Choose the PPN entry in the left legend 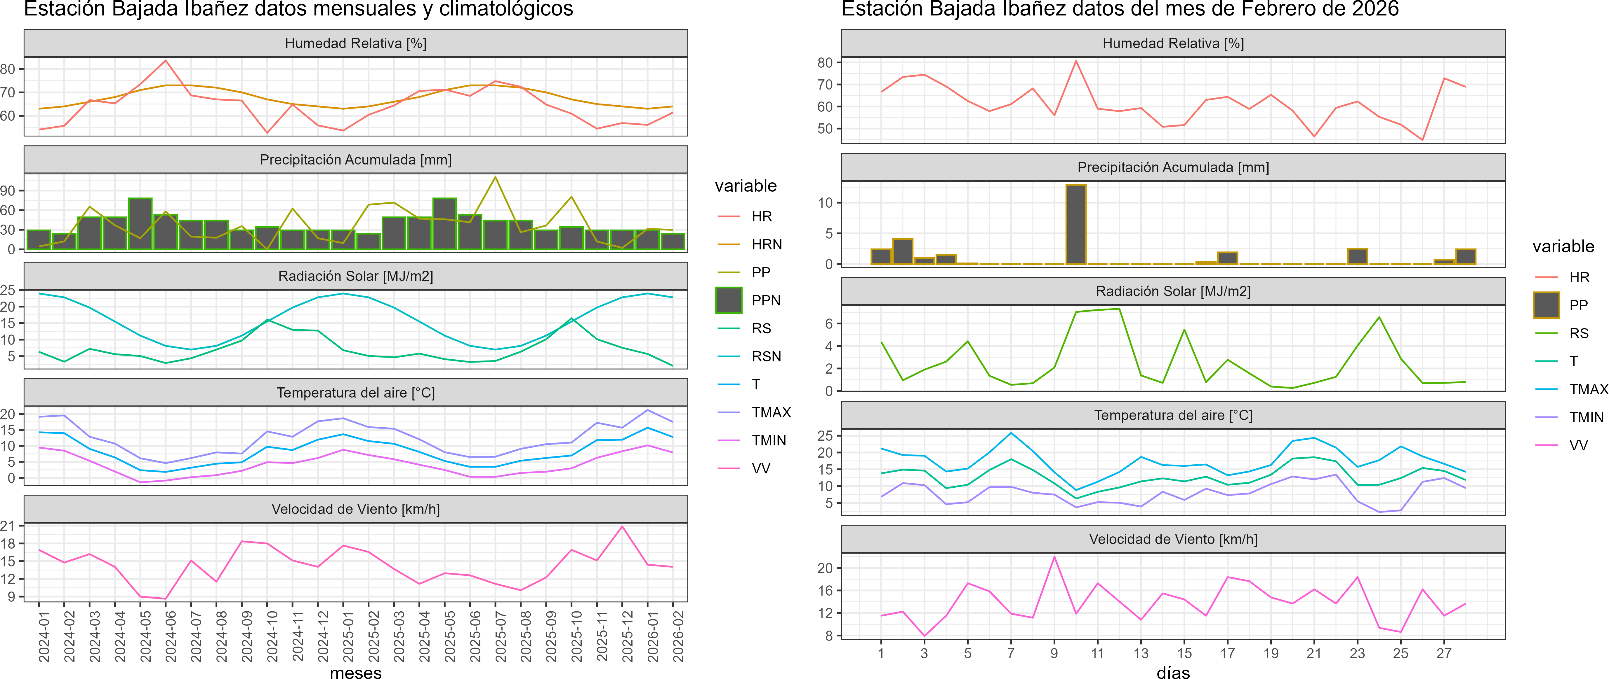(766, 300)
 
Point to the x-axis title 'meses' (355, 672)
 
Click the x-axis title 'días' (1173, 672)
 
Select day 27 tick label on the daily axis (1443, 653)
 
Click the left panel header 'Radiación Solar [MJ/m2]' (355, 276)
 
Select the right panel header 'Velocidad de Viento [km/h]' (1173, 539)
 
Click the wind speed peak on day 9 (1054, 557)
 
